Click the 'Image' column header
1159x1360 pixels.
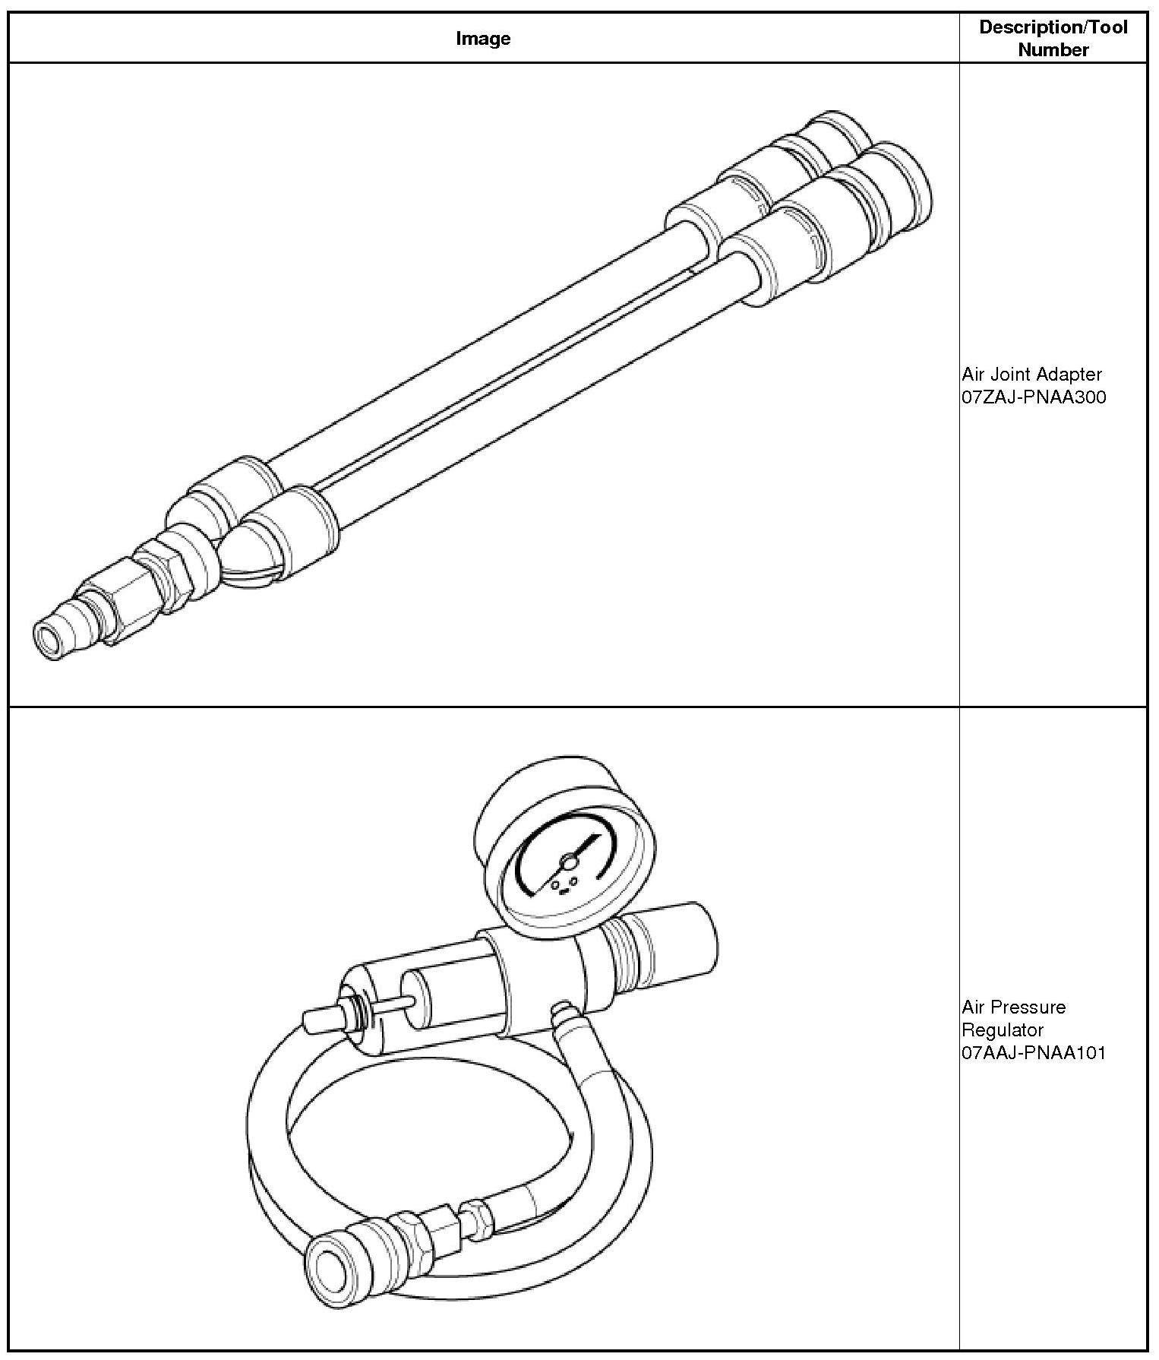point(483,38)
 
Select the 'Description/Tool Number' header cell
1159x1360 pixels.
point(1053,38)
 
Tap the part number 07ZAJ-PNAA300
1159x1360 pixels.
point(1034,397)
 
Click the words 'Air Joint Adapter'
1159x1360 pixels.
point(1031,374)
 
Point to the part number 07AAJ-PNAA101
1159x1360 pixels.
point(1034,1053)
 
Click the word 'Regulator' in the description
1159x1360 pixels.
point(1002,1030)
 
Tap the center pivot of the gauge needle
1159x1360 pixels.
point(568,861)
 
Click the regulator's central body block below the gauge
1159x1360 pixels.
point(532,980)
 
